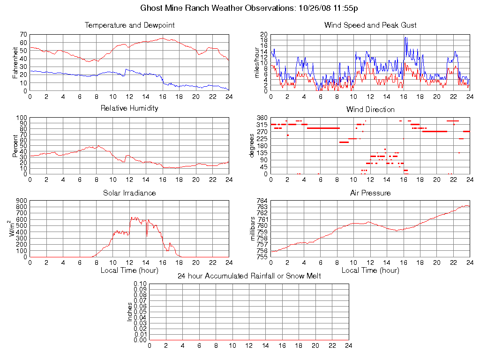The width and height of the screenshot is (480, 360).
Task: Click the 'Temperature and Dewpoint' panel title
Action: coord(129,25)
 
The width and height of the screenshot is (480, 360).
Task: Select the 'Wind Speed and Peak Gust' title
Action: coord(370,25)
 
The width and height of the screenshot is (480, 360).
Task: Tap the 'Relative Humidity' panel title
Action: coord(129,108)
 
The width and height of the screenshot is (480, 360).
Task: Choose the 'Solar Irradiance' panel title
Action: coord(129,193)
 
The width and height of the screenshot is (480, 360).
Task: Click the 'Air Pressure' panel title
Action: coord(370,193)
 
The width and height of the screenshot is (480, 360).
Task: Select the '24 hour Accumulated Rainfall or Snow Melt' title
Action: coord(249,276)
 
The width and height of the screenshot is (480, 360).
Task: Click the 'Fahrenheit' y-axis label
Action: coord(15,63)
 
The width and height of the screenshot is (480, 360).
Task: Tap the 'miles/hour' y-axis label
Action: coord(256,63)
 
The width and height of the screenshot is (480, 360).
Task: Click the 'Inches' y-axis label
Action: coord(130,312)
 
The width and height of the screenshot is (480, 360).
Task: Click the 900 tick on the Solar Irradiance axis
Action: coord(20,201)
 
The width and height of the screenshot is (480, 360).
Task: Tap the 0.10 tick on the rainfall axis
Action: coord(140,284)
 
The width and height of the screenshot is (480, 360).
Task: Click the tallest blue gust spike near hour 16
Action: coord(405,38)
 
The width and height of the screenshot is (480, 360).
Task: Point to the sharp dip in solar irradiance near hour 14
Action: coord(147,235)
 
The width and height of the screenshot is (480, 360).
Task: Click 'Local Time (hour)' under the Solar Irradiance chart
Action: coord(129,270)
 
